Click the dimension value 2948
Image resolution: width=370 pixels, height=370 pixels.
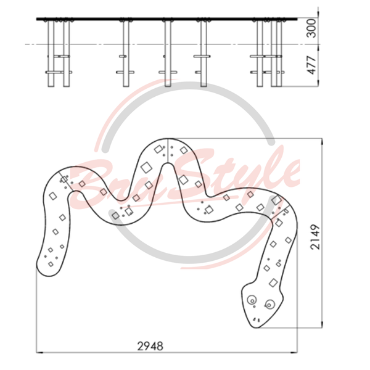point(150,346)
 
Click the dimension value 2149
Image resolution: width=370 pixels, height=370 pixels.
point(315,237)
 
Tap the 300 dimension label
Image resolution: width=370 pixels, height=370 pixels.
point(311,28)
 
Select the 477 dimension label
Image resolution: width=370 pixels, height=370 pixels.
point(311,65)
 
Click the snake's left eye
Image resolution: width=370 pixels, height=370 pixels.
point(252,300)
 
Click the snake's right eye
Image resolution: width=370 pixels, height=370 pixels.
point(269,304)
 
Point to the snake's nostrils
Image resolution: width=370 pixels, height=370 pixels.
point(257,320)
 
